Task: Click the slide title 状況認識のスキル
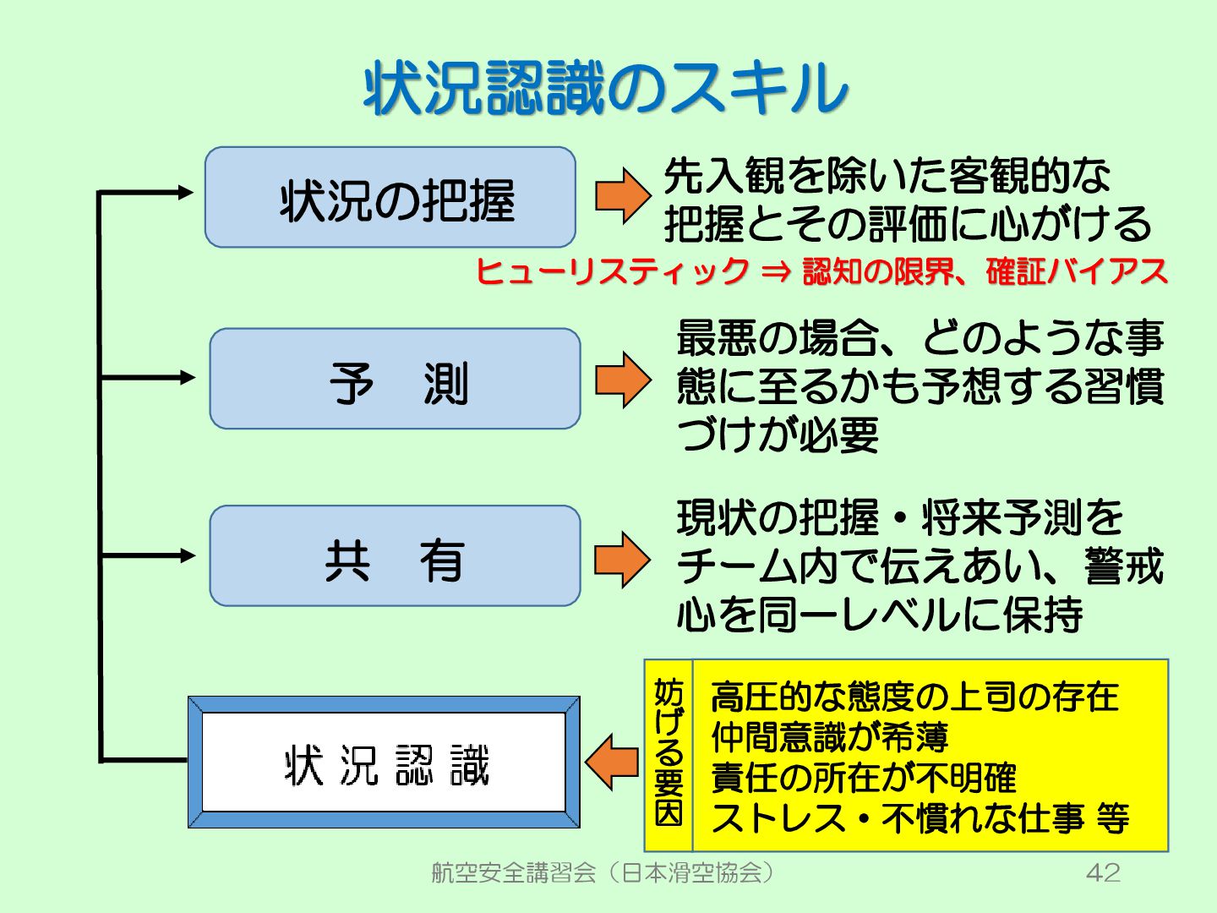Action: (605, 88)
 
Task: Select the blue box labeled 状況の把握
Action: (390, 198)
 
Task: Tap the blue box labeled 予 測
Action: (396, 380)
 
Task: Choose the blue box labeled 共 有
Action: (396, 556)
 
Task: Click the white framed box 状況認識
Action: (385, 763)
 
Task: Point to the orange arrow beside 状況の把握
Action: (623, 195)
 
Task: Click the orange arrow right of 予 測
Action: (623, 380)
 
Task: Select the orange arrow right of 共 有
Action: (623, 559)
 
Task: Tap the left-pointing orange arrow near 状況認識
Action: (612, 762)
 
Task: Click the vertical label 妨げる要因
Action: (669, 754)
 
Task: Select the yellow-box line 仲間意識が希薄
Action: (829, 737)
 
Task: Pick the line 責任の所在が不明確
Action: (863, 778)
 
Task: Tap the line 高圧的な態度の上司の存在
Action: (914, 697)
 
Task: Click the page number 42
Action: (1103, 872)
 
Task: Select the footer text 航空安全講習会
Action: (514, 872)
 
